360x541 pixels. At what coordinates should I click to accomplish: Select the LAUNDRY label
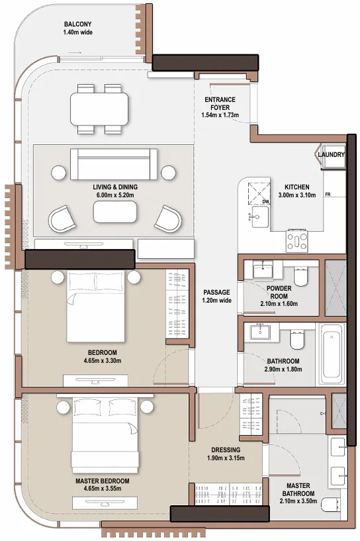click(x=331, y=155)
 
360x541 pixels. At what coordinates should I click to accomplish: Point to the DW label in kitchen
click(x=265, y=201)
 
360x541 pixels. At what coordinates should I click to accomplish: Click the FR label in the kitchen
click(x=328, y=195)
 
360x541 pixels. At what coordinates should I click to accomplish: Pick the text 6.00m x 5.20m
click(x=115, y=196)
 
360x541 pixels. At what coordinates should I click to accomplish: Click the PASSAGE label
click(x=216, y=292)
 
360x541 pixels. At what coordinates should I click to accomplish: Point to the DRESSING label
click(x=226, y=450)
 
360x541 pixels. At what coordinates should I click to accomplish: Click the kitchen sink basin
click(x=257, y=215)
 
